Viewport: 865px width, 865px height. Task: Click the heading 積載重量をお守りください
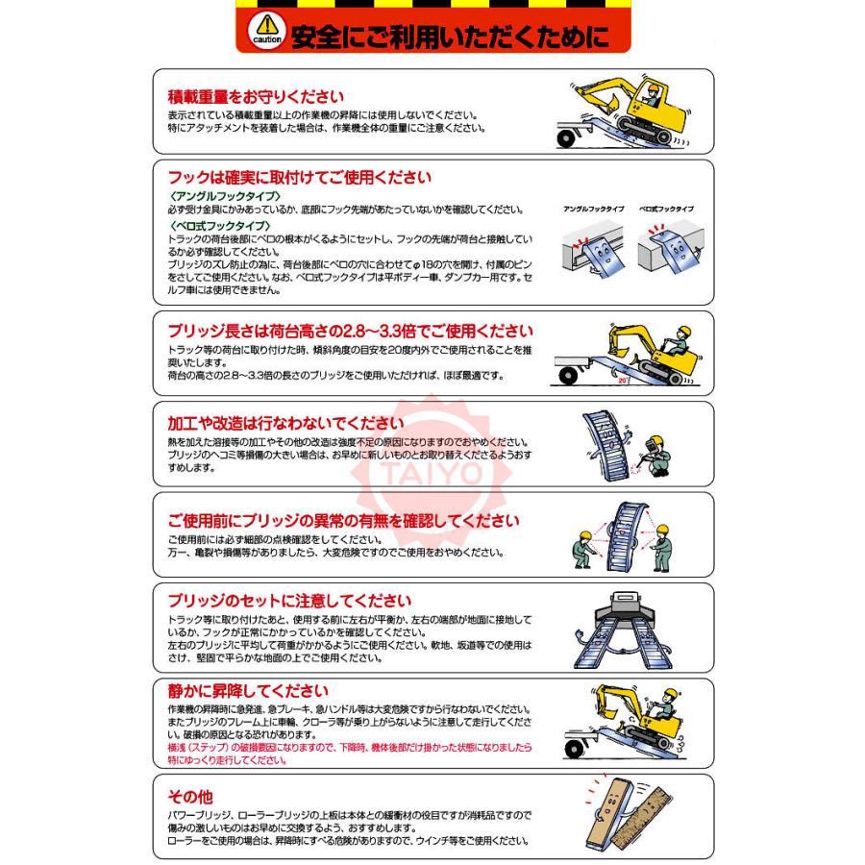[256, 96]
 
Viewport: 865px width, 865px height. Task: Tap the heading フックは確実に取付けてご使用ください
[299, 178]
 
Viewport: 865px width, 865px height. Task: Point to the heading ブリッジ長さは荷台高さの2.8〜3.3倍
[350, 331]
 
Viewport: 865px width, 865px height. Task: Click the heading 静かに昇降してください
[247, 691]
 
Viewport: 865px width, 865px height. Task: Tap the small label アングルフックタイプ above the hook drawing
[593, 209]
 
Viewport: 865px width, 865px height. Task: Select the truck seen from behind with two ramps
[626, 609]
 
